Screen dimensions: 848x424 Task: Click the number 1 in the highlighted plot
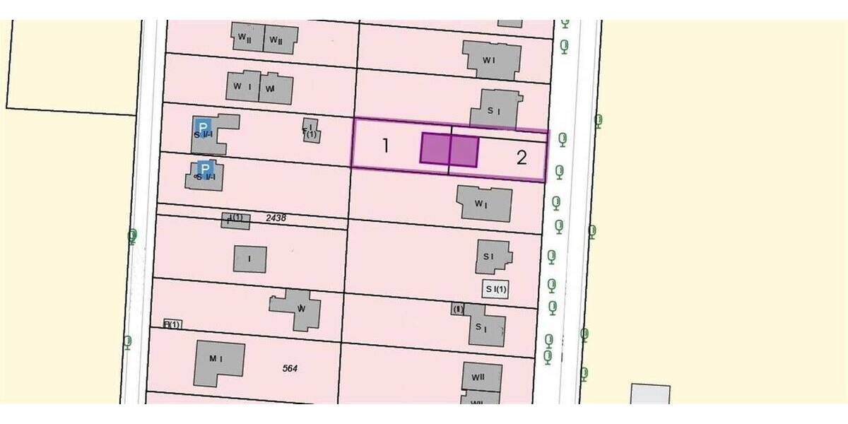386,146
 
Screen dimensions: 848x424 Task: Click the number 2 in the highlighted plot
522,158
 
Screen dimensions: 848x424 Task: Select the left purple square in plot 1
435,148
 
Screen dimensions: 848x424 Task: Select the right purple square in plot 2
464,151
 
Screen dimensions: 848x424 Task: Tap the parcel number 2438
276,218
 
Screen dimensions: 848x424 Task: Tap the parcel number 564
289,367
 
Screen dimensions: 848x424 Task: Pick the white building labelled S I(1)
495,289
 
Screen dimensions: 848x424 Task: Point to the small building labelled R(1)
172,324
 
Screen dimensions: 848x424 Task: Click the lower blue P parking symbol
205,168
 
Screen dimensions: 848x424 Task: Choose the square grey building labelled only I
249,259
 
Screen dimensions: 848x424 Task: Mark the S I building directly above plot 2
496,110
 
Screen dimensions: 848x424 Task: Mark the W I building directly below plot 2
484,204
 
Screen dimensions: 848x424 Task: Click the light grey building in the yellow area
650,394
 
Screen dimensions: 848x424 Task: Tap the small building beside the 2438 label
235,220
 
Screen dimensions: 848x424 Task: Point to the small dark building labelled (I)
458,309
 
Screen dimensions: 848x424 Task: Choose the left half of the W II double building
247,38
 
